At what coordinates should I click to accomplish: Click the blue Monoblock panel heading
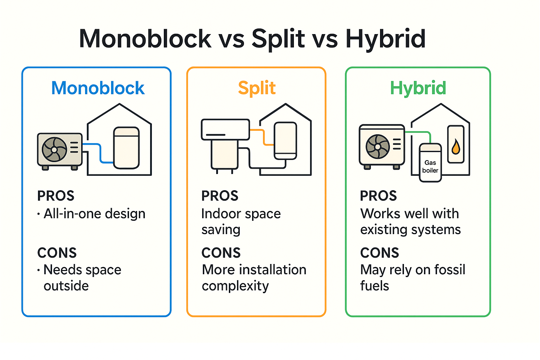pos(98,88)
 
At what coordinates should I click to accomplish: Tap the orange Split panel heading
pos(257,88)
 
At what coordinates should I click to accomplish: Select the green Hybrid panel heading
pos(418,88)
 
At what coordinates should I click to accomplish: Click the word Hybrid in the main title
pos(386,39)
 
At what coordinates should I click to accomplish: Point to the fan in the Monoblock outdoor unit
pos(54,149)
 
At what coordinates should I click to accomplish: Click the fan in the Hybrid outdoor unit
pos(378,147)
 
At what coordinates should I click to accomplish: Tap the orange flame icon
pos(456,147)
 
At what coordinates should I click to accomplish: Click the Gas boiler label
pos(430,167)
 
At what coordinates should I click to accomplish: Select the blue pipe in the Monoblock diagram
pos(101,153)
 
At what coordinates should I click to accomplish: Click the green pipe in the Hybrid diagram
pos(420,133)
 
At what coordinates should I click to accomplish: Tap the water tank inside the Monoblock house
pos(127,148)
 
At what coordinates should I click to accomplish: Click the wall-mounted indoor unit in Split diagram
pos(225,129)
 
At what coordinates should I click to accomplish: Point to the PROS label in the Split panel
pos(220,196)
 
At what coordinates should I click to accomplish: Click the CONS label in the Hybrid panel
pos(379,253)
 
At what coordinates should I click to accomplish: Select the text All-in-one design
pos(94,214)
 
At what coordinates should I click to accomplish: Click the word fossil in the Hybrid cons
pos(450,270)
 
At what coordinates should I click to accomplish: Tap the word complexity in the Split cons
pos(235,286)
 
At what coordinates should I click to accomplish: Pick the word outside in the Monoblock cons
pos(66,286)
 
